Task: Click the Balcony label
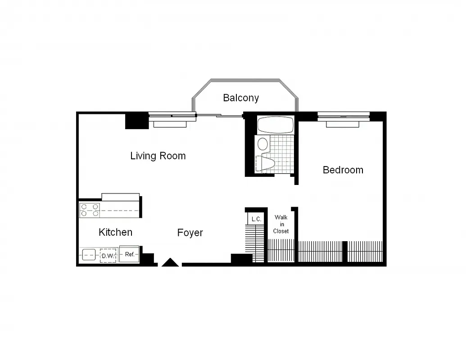coord(241,98)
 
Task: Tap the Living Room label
coord(158,156)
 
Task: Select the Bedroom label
coord(343,170)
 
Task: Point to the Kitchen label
coord(116,232)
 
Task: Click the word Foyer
coord(190,233)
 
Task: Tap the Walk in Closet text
coord(281,224)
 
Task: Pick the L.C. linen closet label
coord(257,219)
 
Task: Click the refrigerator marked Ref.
coord(130,255)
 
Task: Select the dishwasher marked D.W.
coord(108,256)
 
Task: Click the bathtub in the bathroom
coord(275,125)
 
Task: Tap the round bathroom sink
coord(262,144)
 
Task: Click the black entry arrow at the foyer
coord(170,262)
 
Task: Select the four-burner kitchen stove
coord(90,210)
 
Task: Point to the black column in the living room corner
coord(136,121)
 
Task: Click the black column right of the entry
coord(241,259)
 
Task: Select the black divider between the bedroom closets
coord(345,252)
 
